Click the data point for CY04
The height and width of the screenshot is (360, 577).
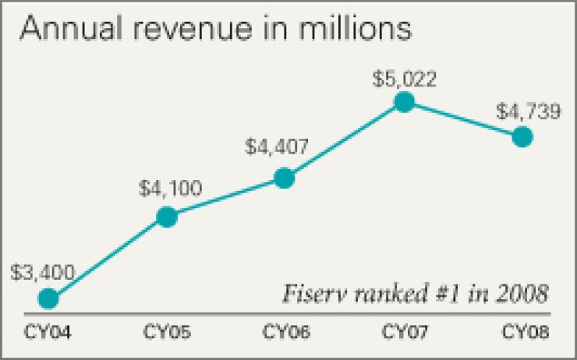coord(48,298)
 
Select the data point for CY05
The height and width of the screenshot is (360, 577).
coord(167,217)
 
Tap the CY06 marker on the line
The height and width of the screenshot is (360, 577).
coord(285,178)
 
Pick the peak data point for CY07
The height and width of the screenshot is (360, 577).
coord(403,102)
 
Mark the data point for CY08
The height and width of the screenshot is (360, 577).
coord(522,137)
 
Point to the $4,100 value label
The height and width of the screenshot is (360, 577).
coord(170,188)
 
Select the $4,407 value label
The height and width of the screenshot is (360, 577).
coord(277,146)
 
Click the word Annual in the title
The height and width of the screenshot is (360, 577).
coord(65,29)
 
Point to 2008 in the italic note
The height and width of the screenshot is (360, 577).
coord(522,295)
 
